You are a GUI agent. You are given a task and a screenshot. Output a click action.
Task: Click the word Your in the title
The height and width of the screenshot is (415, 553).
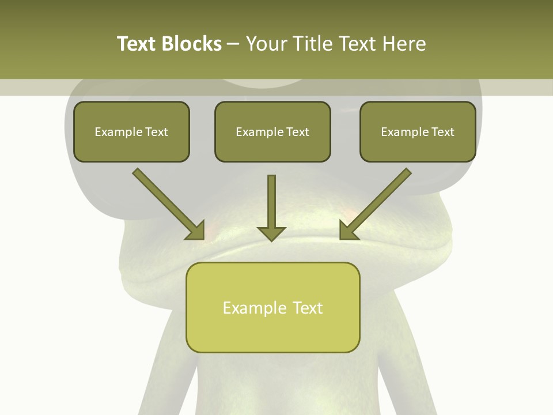point(266,44)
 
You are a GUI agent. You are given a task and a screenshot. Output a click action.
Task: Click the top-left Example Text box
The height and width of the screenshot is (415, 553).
point(131,131)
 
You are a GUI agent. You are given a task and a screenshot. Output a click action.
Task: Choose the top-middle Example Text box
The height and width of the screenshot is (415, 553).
point(272,131)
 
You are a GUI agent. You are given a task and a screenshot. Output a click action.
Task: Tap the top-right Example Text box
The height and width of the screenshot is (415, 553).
point(418,131)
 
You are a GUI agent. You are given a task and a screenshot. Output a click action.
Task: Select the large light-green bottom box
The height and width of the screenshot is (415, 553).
point(272,307)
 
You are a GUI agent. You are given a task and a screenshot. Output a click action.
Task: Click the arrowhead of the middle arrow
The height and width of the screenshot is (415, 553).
point(271,232)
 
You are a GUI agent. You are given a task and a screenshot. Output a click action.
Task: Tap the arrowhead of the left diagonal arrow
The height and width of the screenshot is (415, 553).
point(196,231)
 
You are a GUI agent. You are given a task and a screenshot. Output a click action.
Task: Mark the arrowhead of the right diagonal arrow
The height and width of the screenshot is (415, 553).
point(348,231)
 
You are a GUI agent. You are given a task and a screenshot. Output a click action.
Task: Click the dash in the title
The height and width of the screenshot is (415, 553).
point(233,44)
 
